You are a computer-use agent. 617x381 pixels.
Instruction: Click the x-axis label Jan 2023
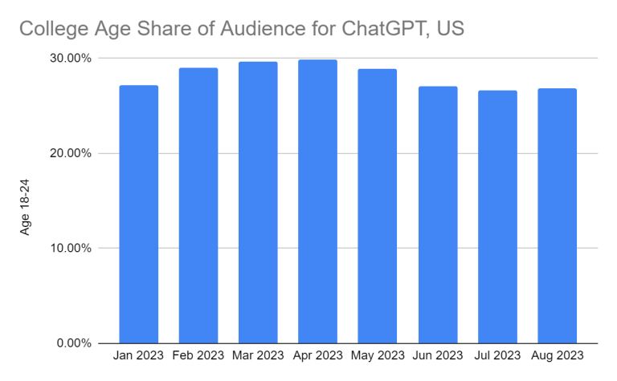click(x=138, y=355)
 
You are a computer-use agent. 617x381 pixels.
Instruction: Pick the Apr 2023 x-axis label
click(x=317, y=355)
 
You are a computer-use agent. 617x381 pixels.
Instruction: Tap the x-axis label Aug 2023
click(x=557, y=355)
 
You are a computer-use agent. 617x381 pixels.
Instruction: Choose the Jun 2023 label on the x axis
click(x=437, y=355)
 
